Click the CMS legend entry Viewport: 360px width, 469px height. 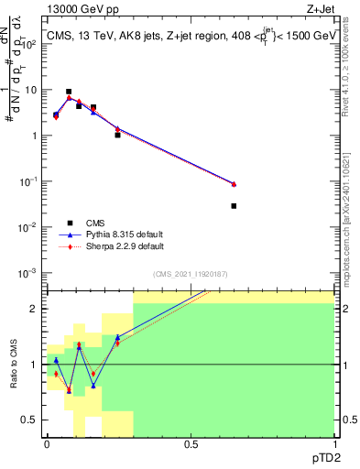pos(94,222)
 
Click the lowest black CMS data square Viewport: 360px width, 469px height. pos(234,206)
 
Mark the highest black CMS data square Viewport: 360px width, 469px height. pos(69,92)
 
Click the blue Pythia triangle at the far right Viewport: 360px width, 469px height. pos(234,184)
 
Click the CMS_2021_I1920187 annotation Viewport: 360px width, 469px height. pos(191,273)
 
